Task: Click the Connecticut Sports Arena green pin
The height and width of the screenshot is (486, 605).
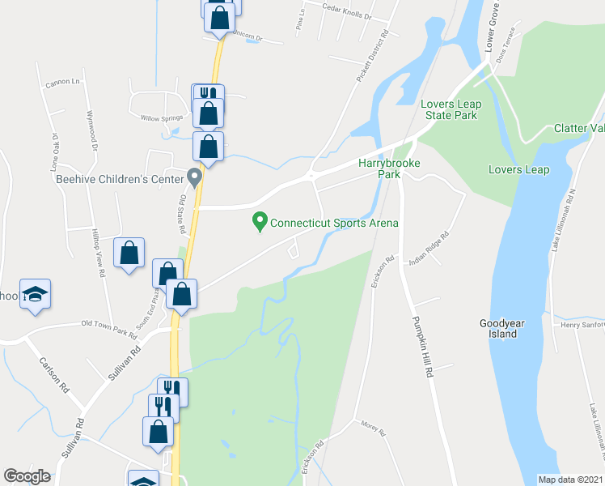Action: pos(260,220)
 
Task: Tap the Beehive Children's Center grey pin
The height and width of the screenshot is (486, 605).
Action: pos(194,176)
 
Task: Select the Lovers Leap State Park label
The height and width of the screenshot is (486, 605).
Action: pos(449,109)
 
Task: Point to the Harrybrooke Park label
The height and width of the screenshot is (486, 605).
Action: pos(391,168)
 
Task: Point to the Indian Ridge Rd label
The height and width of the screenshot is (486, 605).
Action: pos(429,245)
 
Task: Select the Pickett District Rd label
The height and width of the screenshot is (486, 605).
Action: pos(372,57)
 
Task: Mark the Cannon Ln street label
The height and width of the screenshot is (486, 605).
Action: pos(65,82)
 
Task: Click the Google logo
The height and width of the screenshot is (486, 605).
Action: pos(27,476)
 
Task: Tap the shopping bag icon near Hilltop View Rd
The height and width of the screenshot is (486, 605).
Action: pos(129,254)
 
